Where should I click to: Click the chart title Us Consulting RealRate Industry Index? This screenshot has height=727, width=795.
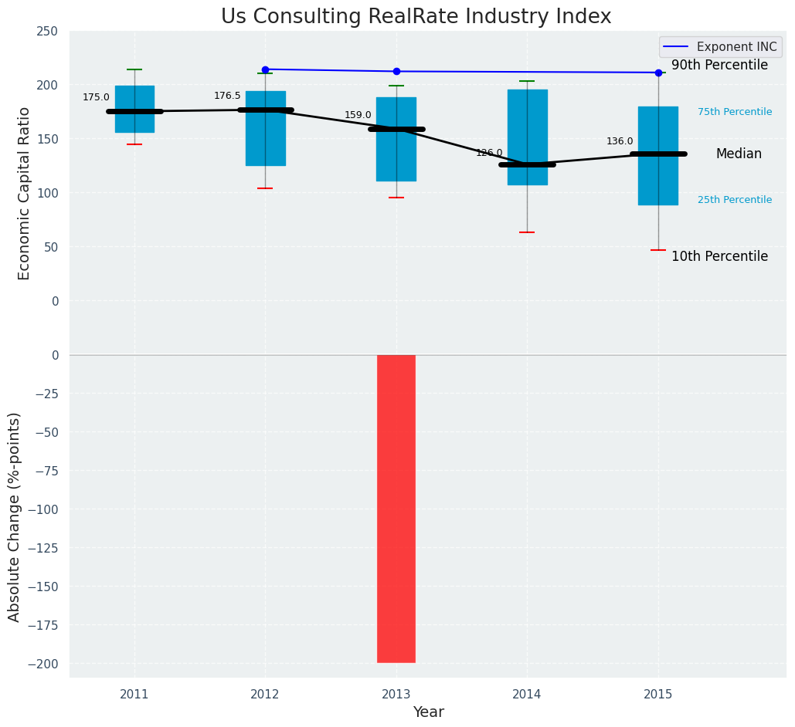[x=416, y=17]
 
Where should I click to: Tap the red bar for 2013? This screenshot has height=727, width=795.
[x=396, y=509]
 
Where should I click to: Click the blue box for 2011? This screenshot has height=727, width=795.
[x=134, y=109]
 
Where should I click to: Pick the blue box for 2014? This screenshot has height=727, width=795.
[x=528, y=137]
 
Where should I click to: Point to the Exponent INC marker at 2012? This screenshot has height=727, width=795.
[x=265, y=69]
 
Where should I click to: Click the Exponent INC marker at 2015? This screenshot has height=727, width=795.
[x=658, y=73]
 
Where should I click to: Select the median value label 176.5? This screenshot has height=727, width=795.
[x=227, y=96]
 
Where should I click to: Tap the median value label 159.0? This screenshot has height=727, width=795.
[x=358, y=115]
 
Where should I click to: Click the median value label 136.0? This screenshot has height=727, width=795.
[x=620, y=141]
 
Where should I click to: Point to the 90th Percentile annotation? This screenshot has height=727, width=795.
[x=719, y=66]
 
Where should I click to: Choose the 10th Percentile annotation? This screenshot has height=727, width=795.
[x=719, y=256]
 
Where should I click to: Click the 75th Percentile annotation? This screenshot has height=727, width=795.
[x=735, y=112]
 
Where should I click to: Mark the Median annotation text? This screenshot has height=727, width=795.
[x=739, y=154]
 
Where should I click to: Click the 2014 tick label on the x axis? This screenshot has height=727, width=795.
[x=528, y=695]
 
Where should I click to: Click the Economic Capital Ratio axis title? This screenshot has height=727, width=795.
[x=24, y=193]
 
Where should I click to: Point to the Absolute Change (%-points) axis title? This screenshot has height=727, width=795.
[x=15, y=516]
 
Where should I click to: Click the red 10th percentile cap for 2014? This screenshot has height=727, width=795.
[x=528, y=232]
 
